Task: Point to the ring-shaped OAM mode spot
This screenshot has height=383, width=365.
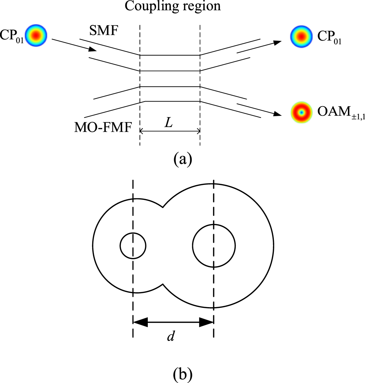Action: coord(301,113)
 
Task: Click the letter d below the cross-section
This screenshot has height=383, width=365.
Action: coord(171,336)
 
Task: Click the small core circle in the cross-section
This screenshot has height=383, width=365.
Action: coord(133,246)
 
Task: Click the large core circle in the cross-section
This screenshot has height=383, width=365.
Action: coord(214,245)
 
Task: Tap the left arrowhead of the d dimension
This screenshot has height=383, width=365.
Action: coord(140,323)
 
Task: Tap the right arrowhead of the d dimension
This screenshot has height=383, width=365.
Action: coord(207,323)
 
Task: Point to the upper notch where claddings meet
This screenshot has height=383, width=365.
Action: coord(163,206)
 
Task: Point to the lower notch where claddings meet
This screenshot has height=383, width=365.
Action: coord(163,284)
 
